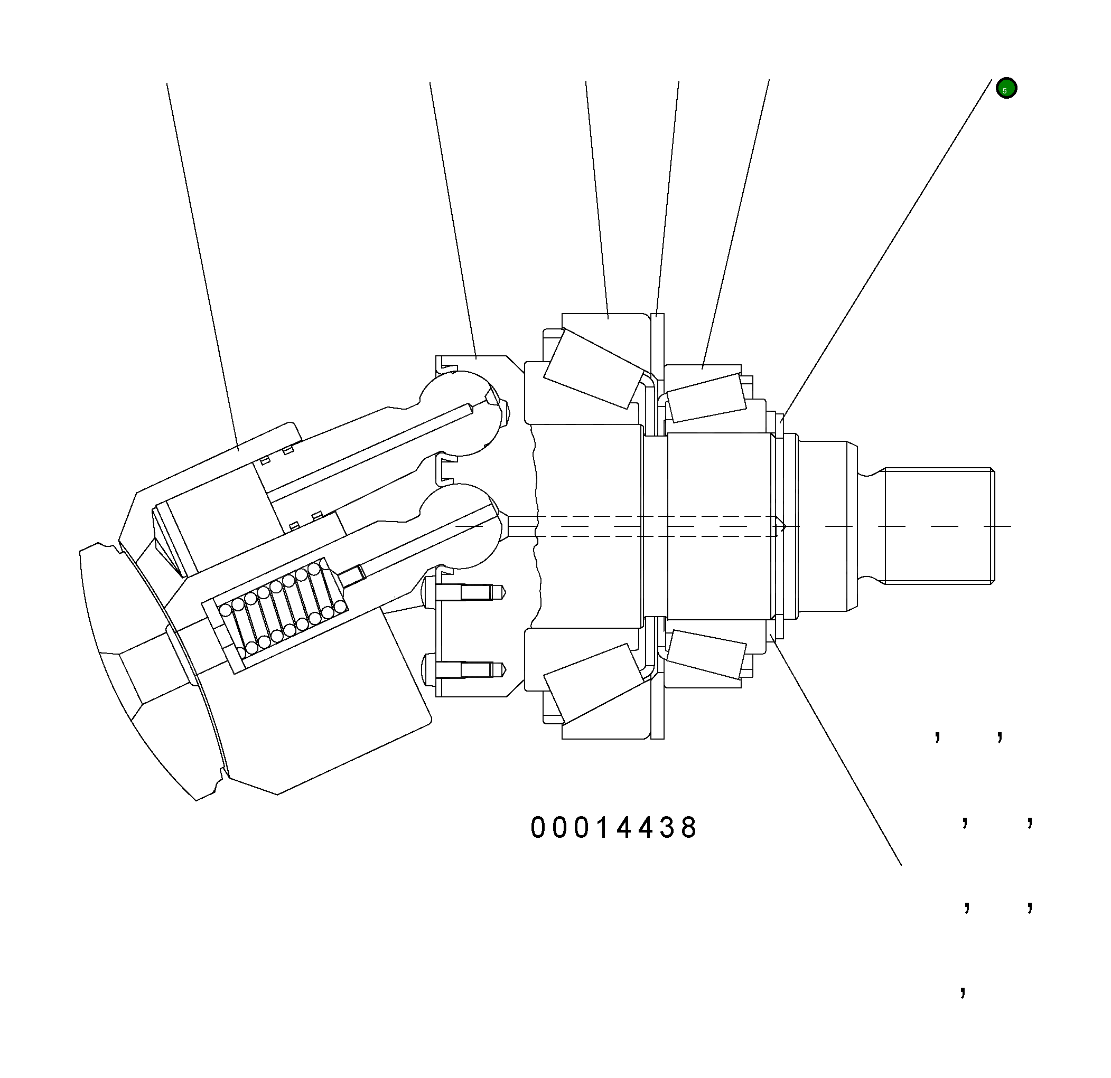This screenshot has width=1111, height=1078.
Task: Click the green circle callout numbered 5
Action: point(1006,88)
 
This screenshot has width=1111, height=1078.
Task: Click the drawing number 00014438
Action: point(613,828)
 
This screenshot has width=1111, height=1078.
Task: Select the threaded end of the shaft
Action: point(938,526)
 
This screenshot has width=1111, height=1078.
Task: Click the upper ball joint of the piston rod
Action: point(460,413)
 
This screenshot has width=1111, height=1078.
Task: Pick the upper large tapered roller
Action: point(594,369)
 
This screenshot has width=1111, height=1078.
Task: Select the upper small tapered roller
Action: point(706,398)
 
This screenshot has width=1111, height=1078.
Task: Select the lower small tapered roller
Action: point(706,654)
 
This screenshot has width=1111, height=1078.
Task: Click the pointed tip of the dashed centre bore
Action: point(783,526)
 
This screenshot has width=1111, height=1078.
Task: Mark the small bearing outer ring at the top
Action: point(703,371)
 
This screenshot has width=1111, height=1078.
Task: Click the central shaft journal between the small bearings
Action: point(719,526)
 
